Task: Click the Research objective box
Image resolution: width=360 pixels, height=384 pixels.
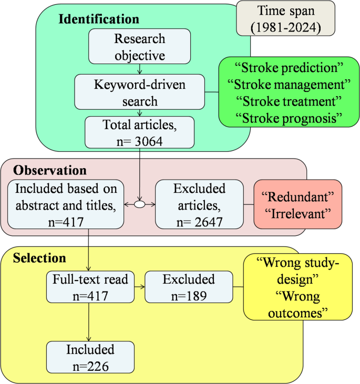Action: [x=140, y=47]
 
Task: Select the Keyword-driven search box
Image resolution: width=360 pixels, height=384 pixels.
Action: [x=140, y=91]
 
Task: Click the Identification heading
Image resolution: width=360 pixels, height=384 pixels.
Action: [x=98, y=19]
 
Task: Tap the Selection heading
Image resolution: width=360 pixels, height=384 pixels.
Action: [x=39, y=258]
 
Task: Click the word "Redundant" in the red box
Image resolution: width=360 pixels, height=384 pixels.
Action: [x=297, y=197]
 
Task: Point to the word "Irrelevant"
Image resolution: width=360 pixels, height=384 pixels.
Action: [x=297, y=213]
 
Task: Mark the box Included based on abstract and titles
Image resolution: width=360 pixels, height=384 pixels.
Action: [x=67, y=204]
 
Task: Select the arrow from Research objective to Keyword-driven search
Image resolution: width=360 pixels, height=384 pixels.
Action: [x=140, y=70]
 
